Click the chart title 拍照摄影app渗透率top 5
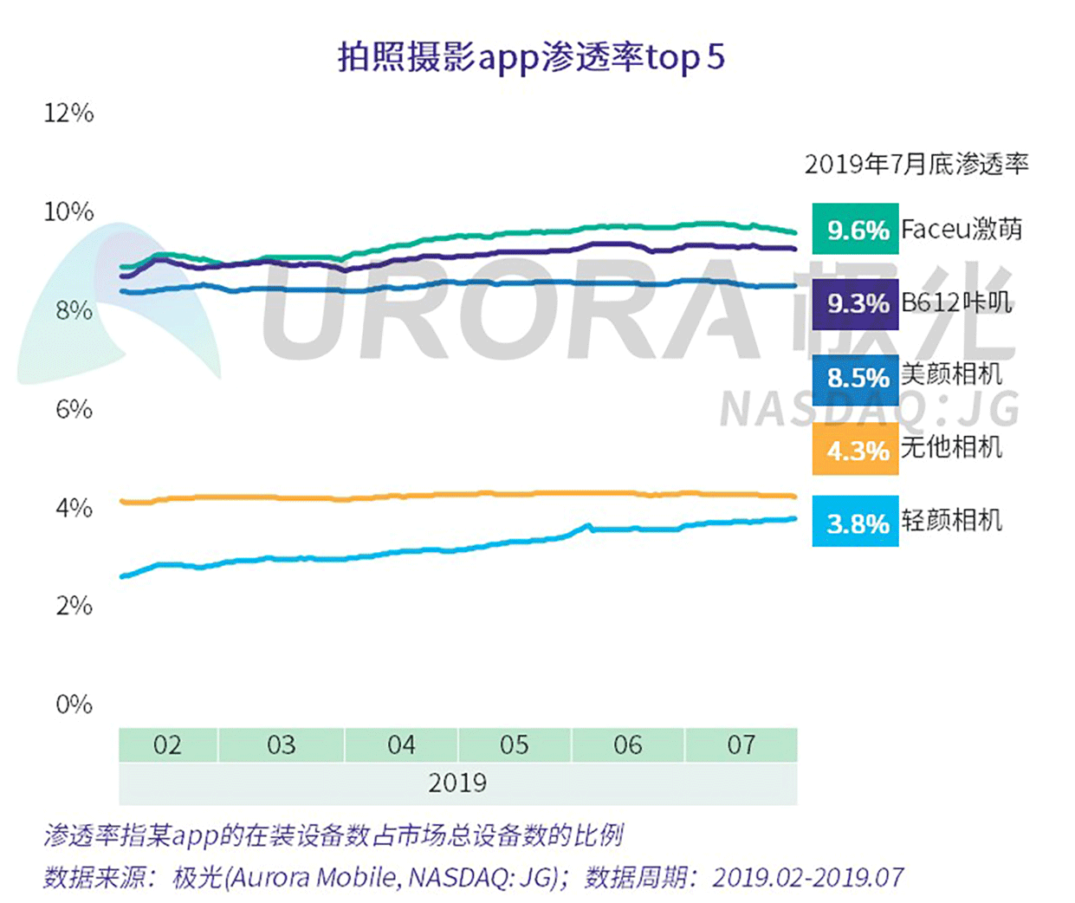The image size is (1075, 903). pos(530,58)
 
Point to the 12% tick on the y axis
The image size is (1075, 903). pos(69,113)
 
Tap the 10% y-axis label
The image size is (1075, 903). pos(69,211)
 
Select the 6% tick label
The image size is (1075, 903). pos(74,409)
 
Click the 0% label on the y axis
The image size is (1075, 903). pos(74,705)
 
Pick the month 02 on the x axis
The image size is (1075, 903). pos(167,745)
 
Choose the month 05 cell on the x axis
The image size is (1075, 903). pos(514,745)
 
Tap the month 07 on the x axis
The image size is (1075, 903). pos(741,745)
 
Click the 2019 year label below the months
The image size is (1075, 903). pos(457,783)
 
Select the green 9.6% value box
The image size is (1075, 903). pos(855,230)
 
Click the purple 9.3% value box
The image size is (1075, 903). pos(855,303)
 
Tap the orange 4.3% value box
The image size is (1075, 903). pos(855,451)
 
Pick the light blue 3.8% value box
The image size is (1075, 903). pos(855,523)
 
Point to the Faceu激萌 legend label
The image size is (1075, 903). pos(962,229)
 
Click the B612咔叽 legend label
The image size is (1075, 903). pos(956,302)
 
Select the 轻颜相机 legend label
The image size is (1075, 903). pos(951,520)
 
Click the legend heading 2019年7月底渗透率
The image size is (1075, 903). pos(916,164)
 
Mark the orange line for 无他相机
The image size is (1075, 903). pos(433,495)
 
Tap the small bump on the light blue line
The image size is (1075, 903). pos(588,525)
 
